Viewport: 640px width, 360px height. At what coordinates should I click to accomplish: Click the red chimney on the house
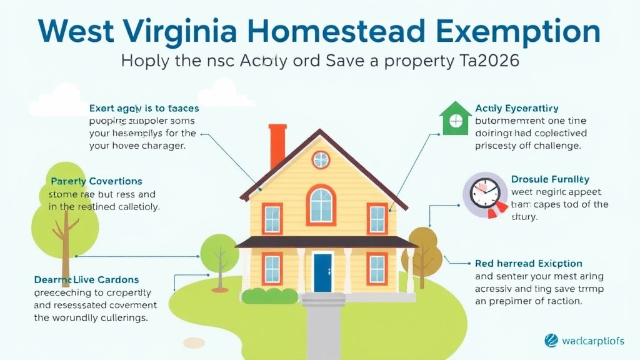[x=277, y=146]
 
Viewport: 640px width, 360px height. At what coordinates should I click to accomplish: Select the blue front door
[x=322, y=272]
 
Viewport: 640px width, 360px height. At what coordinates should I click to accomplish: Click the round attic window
[x=321, y=159]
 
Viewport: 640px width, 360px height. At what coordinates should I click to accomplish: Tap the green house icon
[x=455, y=119]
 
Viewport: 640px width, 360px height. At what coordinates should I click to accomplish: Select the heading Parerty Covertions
[x=96, y=181]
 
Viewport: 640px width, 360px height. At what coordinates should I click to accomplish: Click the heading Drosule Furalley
[x=550, y=179]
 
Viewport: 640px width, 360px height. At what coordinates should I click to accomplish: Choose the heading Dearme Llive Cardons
[x=86, y=279]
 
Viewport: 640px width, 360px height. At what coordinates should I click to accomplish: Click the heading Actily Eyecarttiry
[x=516, y=109]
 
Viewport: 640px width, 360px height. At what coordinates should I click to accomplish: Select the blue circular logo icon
[x=551, y=341]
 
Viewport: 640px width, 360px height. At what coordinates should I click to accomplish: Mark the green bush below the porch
[x=270, y=295]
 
